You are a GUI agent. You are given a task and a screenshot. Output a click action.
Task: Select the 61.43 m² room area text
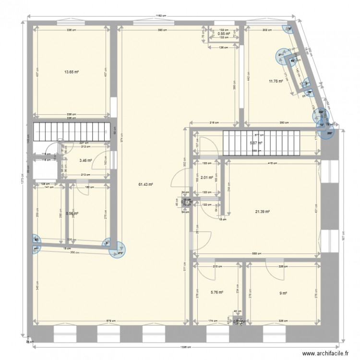click(x=145, y=184)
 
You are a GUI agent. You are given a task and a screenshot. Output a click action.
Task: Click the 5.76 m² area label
click(x=217, y=291)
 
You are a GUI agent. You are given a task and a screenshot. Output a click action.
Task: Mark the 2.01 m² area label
click(x=207, y=177)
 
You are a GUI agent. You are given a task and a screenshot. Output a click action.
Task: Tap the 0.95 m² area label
click(x=224, y=34)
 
